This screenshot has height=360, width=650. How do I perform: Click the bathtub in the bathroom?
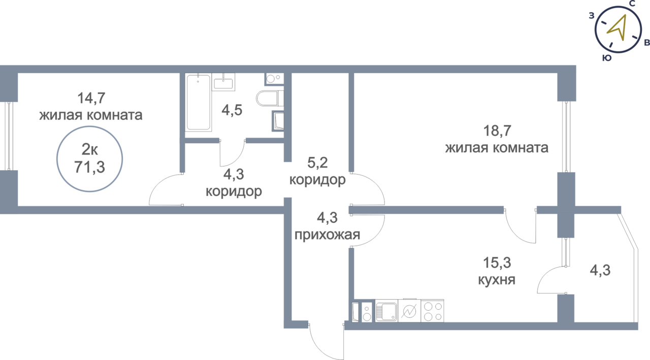pyautogui.click(x=198, y=103)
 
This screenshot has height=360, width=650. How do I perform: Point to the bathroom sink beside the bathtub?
pyautogui.click(x=224, y=81)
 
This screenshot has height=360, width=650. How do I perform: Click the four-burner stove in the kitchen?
pyautogui.click(x=432, y=310)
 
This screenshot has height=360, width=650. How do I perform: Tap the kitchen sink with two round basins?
pyautogui.click(x=367, y=310)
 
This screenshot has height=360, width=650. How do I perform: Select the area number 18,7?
pyautogui.click(x=497, y=130)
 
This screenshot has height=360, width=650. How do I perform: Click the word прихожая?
pyautogui.click(x=328, y=235)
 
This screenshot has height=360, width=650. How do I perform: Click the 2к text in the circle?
pyautogui.click(x=90, y=150)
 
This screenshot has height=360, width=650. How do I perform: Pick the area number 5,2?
pyautogui.click(x=317, y=163)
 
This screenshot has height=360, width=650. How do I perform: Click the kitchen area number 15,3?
pyautogui.click(x=497, y=263)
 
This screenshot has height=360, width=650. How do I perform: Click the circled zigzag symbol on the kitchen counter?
pyautogui.click(x=408, y=310)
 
